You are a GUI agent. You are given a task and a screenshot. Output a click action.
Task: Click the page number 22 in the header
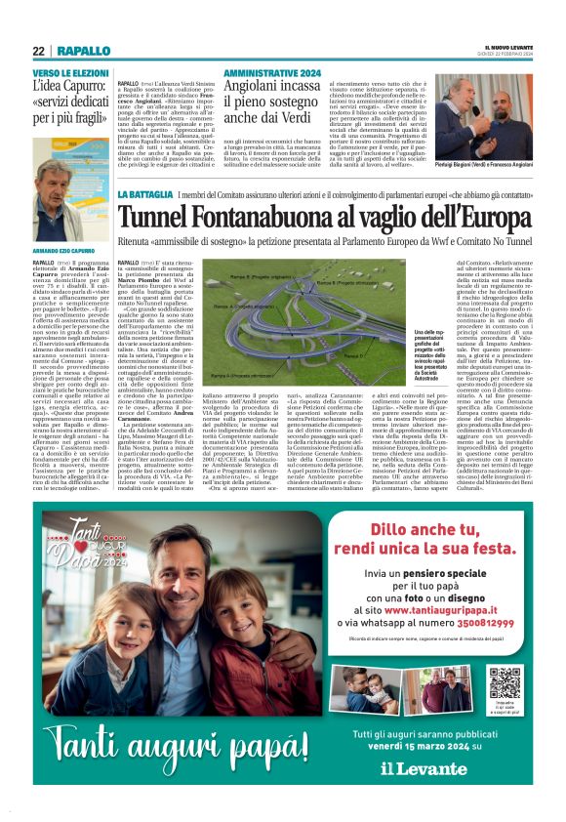point(38,51)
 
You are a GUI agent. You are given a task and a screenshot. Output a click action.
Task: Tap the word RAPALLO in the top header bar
point(77,51)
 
